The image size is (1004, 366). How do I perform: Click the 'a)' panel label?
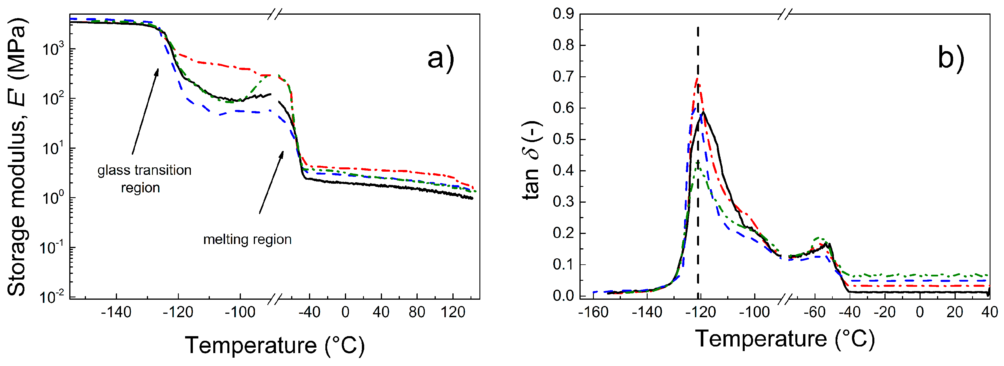coord(440,58)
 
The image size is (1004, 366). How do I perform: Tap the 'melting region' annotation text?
coord(247,239)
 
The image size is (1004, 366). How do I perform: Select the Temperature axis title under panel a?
coord(275,345)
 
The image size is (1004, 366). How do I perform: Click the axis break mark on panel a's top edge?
coord(275,14)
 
